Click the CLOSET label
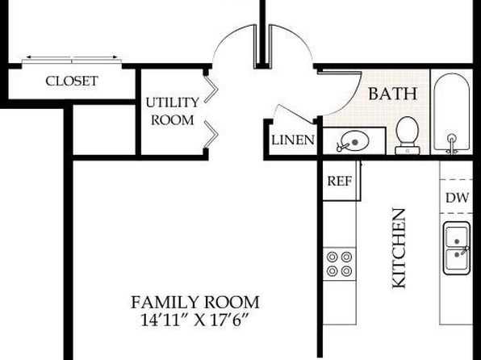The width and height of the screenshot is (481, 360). click(72, 81)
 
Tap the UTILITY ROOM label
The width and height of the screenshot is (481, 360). click(173, 111)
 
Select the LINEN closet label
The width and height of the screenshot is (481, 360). click(293, 140)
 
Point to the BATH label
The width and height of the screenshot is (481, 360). click(393, 94)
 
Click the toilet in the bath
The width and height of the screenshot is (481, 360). click(408, 136)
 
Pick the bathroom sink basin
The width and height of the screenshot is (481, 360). click(354, 141)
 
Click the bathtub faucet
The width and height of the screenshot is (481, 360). click(451, 144)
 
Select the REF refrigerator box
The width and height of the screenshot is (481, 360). click(341, 181)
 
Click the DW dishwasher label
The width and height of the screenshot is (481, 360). click(457, 198)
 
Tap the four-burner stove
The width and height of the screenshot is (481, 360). click(339, 264)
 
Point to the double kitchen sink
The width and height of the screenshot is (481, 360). click(457, 248)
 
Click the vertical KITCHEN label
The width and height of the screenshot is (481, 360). click(399, 249)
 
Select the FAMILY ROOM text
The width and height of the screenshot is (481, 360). click(195, 303)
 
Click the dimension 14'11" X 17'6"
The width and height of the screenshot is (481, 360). click(194, 320)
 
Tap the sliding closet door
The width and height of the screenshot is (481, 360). click(72, 61)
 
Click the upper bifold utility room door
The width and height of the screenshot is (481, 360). click(211, 89)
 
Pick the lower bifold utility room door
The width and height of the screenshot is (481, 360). click(211, 134)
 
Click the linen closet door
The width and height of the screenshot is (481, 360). click(295, 114)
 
